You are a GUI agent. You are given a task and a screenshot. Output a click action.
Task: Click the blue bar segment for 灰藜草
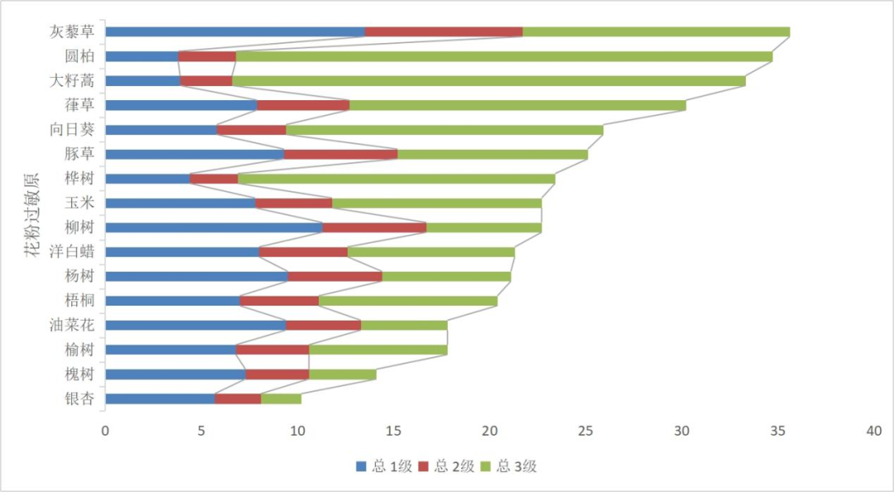[x=235, y=32]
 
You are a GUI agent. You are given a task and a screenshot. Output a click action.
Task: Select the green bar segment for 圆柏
[x=503, y=56]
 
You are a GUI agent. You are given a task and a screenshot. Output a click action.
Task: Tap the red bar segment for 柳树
[x=374, y=228]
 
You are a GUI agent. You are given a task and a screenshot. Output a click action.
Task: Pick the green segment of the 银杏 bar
[x=281, y=399]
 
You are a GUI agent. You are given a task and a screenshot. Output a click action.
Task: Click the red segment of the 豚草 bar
[x=340, y=154]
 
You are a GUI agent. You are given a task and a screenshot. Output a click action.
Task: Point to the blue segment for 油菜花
[x=195, y=326]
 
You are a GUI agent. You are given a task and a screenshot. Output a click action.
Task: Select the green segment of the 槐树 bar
[x=342, y=374]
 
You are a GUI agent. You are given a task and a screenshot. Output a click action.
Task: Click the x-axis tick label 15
[x=394, y=432]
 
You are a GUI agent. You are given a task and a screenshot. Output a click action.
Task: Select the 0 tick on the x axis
[x=105, y=432]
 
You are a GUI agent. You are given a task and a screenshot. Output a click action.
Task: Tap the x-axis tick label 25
[x=586, y=432]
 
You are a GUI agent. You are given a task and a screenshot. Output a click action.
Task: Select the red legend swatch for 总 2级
[x=422, y=466]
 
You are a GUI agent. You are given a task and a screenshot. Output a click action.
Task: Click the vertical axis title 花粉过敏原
[x=31, y=215]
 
